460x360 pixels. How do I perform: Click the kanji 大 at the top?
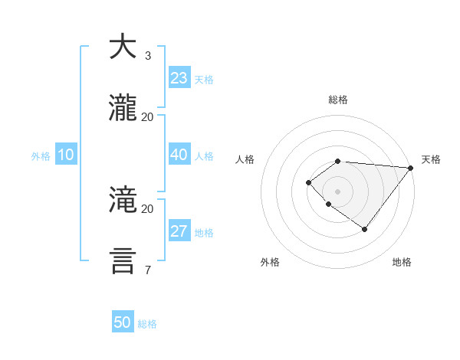point(122,47)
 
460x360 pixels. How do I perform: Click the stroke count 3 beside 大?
point(147,56)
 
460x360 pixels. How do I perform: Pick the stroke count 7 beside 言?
point(147,270)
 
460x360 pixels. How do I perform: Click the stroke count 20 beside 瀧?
point(147,116)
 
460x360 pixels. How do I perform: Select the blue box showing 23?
point(179,78)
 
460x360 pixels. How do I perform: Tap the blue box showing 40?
point(179,155)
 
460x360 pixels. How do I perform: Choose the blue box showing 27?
point(179,231)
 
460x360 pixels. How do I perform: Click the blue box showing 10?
point(66,155)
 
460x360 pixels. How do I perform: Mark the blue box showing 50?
point(123,322)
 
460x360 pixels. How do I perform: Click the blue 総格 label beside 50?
point(147,324)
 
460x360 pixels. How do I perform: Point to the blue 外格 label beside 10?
point(41,156)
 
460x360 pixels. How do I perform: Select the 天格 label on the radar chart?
point(431,159)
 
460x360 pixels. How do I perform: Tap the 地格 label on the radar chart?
point(402,262)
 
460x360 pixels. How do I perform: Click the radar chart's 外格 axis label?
point(270,262)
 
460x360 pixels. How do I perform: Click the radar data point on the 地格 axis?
point(365,229)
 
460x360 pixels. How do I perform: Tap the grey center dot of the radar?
point(337,191)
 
